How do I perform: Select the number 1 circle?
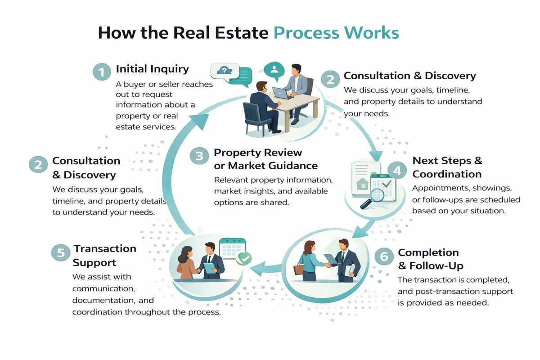[102, 72]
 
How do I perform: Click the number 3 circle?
[199, 156]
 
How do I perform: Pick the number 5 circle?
[60, 252]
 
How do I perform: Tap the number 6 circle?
[384, 257]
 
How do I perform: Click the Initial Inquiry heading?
[152, 69]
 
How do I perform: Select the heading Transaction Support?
[104, 256]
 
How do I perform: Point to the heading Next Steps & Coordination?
[447, 167]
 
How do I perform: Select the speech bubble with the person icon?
[274, 70]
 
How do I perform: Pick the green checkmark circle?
[245, 258]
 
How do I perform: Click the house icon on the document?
[361, 184]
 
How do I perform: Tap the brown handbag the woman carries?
[299, 269]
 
